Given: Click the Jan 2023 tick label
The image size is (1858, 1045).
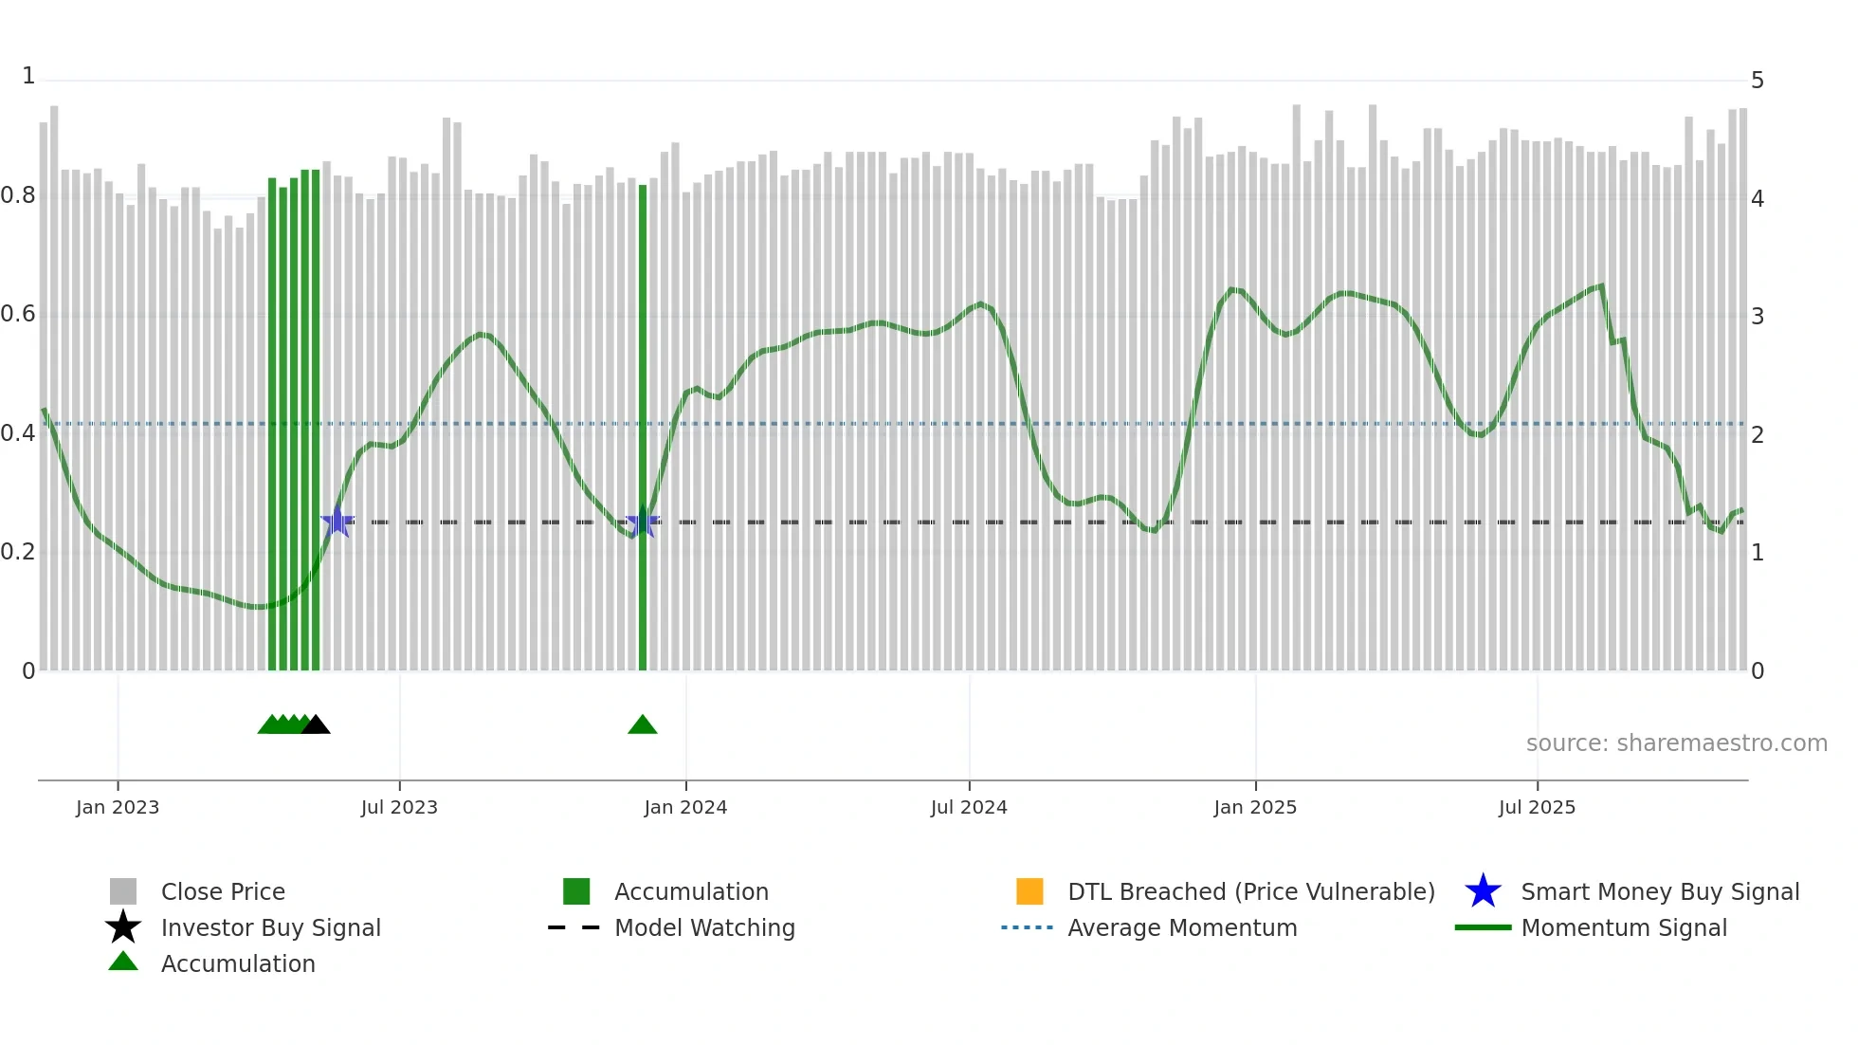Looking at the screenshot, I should pos(118,808).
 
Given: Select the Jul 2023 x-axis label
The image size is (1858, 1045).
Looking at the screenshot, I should pos(399,808).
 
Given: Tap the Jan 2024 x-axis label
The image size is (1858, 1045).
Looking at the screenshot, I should pos(685,808).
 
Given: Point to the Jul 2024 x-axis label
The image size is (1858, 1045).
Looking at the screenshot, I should pos(969,808).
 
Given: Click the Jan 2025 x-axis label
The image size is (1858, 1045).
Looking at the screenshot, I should pos(1255,808).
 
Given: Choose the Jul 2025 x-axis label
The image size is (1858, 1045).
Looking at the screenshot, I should pos(1537,808).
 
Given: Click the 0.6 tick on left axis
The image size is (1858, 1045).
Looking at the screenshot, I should pos(18,314).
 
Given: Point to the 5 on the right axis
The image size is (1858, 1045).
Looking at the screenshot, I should pos(1758,81).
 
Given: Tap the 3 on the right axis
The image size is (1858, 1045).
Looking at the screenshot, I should pos(1758,317).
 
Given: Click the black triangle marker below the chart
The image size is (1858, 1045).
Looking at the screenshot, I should pos(316,725).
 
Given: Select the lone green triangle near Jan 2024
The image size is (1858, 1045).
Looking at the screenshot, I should pos(643,725).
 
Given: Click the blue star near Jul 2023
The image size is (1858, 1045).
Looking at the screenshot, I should pos(337,522).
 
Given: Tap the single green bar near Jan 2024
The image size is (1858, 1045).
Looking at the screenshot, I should pos(643,427).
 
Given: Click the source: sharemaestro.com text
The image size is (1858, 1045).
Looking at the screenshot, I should pos(1676,743).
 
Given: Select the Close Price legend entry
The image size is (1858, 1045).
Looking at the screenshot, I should pos(223,892).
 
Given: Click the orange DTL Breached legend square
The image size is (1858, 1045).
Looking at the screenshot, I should pos(1029,892).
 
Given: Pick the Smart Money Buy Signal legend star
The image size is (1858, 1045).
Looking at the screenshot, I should pos(1484,892).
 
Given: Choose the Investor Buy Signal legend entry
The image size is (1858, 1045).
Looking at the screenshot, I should pos(270,928).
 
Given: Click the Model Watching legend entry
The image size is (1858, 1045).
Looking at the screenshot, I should pos(704,928).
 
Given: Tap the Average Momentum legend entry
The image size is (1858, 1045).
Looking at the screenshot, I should pos(1182,928).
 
